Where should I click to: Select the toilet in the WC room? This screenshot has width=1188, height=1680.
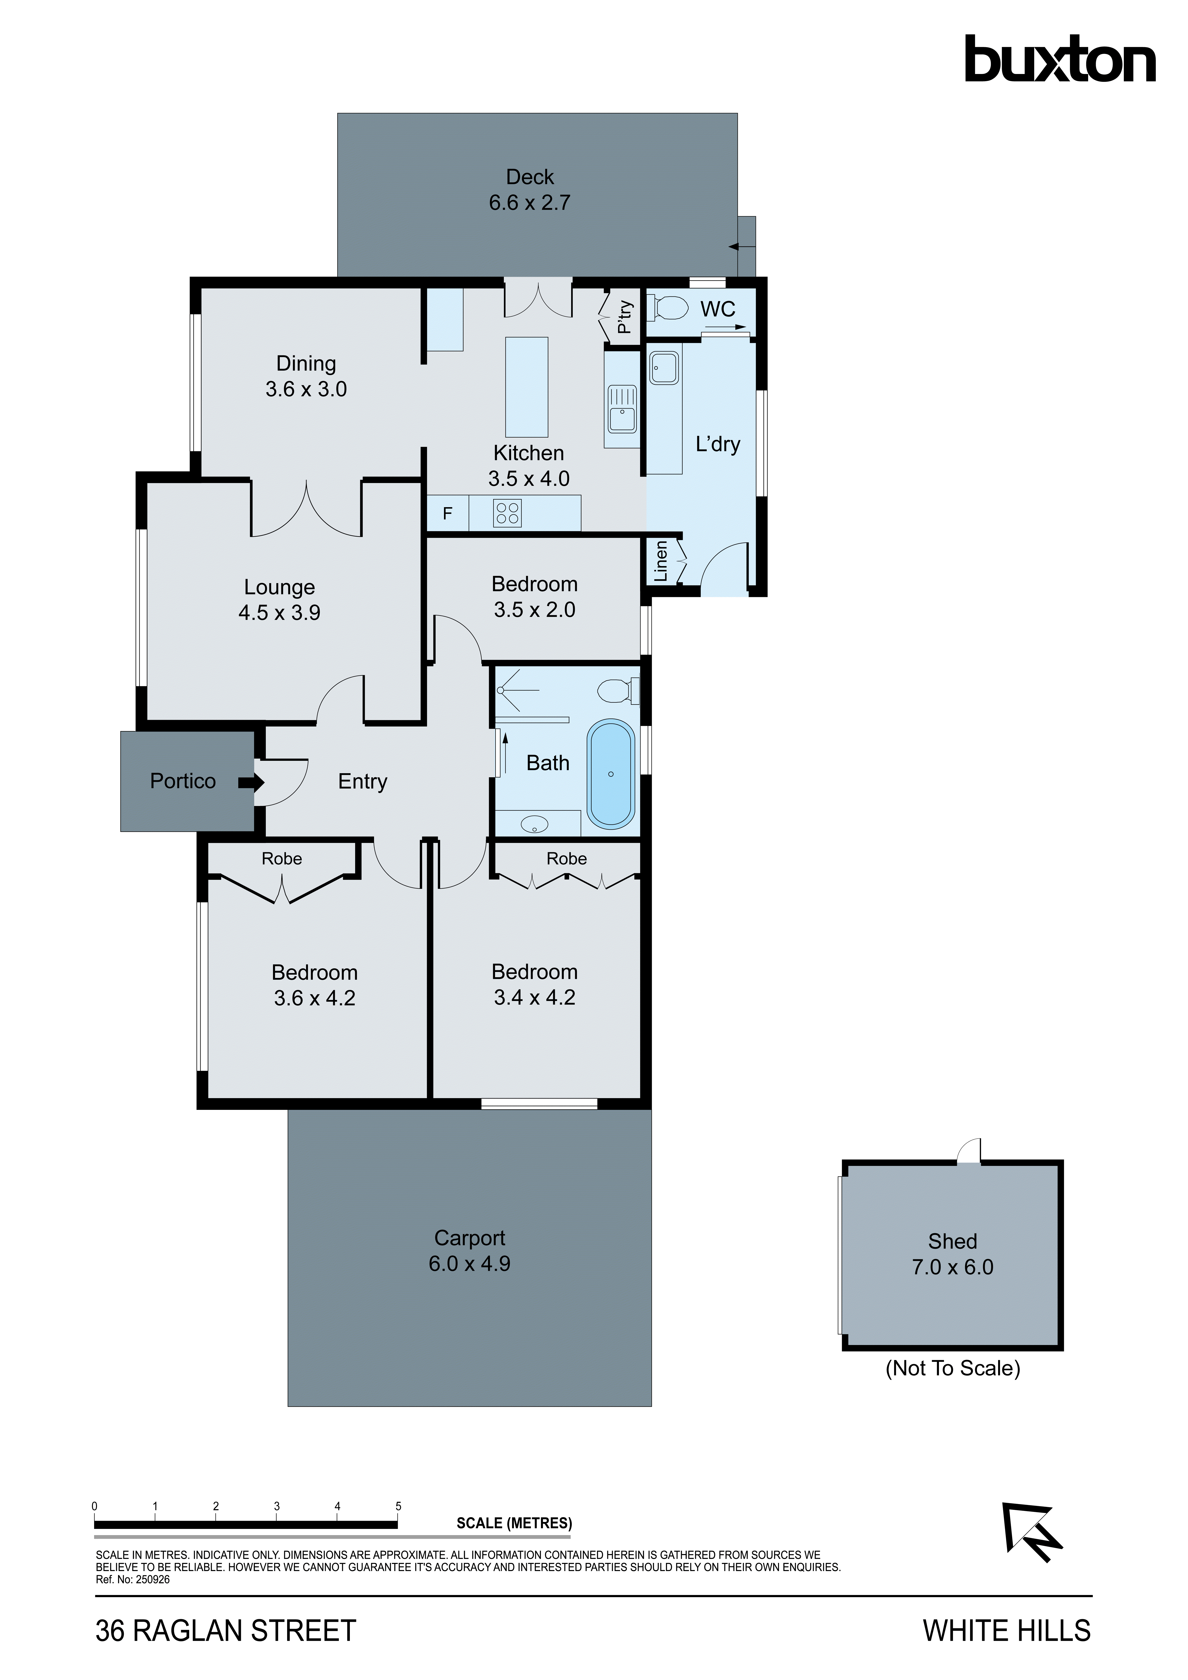[x=668, y=307]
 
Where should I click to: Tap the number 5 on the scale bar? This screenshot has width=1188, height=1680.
[x=398, y=1506]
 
